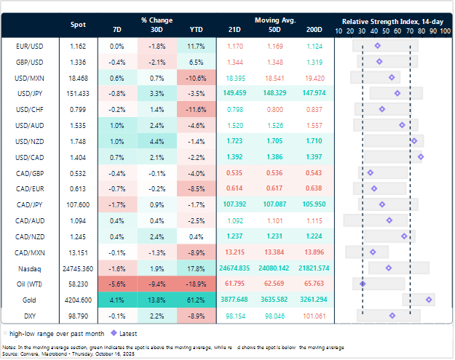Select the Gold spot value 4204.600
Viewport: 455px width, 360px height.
click(78, 300)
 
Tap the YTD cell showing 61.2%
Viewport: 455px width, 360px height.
click(197, 300)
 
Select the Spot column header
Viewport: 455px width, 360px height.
click(78, 25)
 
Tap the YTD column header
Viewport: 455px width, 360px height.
click(197, 31)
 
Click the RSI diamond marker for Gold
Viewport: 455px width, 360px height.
click(430, 300)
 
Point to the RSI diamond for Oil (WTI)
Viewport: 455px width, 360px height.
click(363, 284)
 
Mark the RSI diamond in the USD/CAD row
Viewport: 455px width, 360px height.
click(421, 156)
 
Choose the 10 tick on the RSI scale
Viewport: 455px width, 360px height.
click(339, 31)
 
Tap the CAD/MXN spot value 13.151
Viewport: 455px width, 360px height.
click(78, 252)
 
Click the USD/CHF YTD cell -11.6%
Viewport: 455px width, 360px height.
click(197, 109)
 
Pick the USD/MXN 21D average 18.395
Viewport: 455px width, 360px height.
click(235, 77)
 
